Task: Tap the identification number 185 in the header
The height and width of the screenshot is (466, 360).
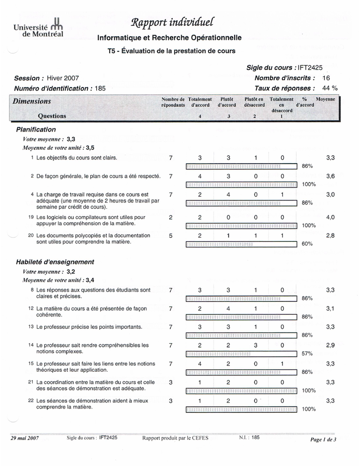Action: tap(100, 89)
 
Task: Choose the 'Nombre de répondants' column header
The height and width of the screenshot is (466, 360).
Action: tap(173, 102)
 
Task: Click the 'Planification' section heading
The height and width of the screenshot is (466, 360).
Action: tap(36, 129)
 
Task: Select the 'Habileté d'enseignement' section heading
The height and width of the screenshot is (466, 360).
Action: tap(55, 262)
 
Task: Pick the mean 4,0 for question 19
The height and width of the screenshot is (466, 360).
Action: tap(331, 217)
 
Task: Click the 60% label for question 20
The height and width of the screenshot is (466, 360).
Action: tap(307, 244)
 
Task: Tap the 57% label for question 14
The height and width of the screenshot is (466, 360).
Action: tap(307, 354)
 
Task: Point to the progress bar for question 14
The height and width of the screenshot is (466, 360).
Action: tap(242, 354)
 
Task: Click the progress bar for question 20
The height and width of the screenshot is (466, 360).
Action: tap(242, 244)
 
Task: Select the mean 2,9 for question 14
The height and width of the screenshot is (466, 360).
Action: tap(331, 345)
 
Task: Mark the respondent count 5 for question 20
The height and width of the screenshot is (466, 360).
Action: tap(171, 236)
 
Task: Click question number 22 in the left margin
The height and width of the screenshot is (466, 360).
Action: tap(31, 400)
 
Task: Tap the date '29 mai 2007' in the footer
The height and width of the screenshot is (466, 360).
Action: tap(25, 438)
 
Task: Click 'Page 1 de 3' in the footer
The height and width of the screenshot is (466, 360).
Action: tap(323, 440)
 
